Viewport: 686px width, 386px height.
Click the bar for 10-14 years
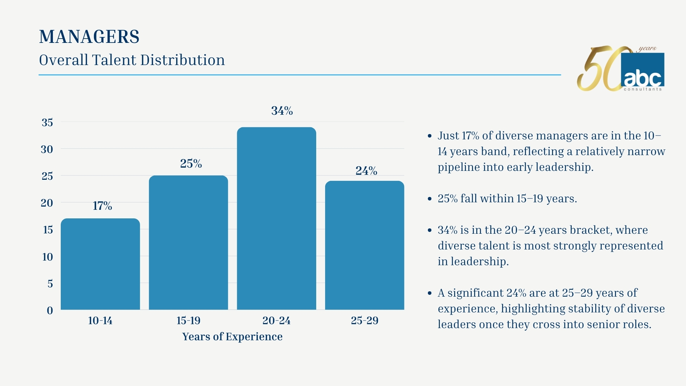pyautogui.click(x=100, y=264)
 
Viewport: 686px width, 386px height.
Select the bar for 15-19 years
pyautogui.click(x=188, y=243)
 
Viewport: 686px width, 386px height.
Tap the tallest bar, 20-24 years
pyautogui.click(x=277, y=218)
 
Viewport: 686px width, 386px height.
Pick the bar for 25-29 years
pyautogui.click(x=364, y=245)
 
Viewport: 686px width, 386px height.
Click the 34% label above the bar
pyautogui.click(x=282, y=111)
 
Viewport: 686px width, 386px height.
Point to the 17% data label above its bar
pyautogui.click(x=103, y=206)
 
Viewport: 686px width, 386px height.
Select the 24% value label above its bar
pyautogui.click(x=366, y=171)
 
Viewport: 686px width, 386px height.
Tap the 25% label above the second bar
pyautogui.click(x=191, y=164)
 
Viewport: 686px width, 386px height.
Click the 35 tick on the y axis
pyautogui.click(x=47, y=123)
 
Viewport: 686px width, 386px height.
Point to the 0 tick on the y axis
pyautogui.click(x=50, y=311)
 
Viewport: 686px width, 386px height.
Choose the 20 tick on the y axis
pyautogui.click(x=47, y=203)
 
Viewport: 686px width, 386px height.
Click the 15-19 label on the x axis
pyautogui.click(x=188, y=321)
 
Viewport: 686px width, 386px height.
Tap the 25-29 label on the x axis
pyautogui.click(x=364, y=321)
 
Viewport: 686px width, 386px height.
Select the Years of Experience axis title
pyautogui.click(x=232, y=337)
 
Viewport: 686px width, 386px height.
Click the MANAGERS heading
pyautogui.click(x=89, y=37)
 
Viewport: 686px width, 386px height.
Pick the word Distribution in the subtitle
pyautogui.click(x=183, y=60)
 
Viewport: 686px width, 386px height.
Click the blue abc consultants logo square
pyautogui.click(x=643, y=71)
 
